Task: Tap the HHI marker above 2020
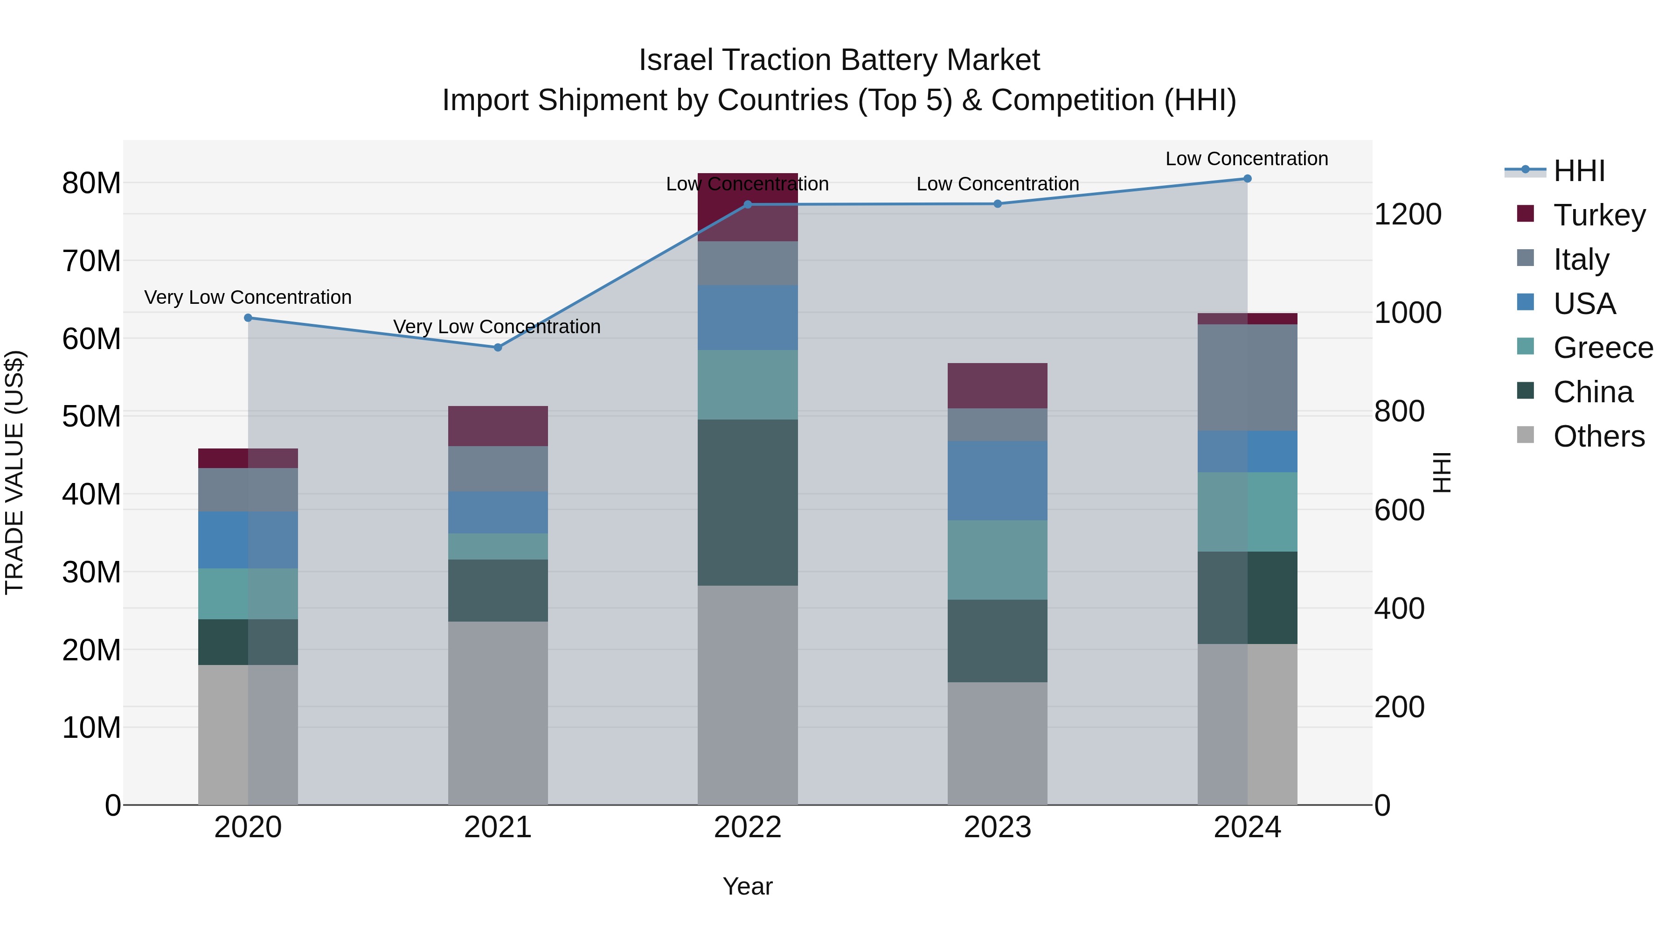248,318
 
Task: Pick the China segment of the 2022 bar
748,502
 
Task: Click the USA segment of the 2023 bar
997,481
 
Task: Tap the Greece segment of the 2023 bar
997,560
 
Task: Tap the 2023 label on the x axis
997,827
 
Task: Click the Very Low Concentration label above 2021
497,327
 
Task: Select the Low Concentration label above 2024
1246,159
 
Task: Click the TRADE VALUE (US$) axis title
14,472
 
